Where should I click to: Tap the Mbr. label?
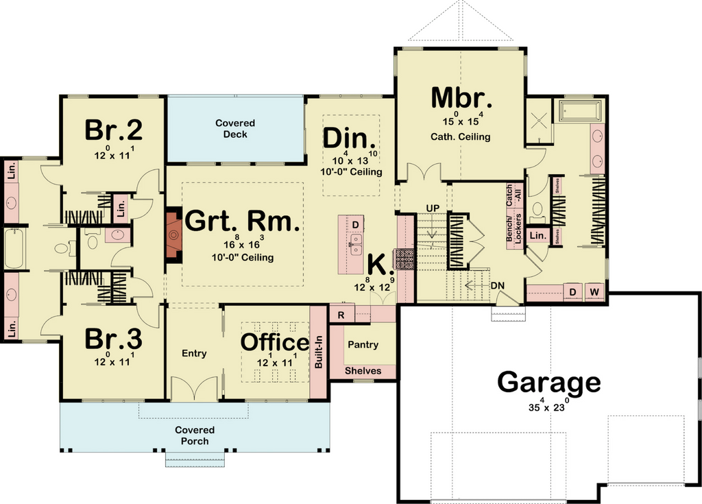(x=461, y=97)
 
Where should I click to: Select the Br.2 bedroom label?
(x=114, y=130)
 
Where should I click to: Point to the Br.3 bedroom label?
(x=114, y=339)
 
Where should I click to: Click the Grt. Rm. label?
(x=242, y=221)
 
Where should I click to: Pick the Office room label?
(x=275, y=342)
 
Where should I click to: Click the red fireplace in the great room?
(x=173, y=235)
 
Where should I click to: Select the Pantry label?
(x=363, y=344)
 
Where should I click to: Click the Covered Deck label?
(x=235, y=129)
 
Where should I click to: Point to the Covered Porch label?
(x=195, y=435)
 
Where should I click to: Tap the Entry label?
(x=194, y=353)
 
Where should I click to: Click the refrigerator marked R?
(x=341, y=315)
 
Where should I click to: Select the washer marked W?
(x=594, y=292)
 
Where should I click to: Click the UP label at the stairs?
(x=433, y=208)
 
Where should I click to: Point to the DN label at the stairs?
(x=498, y=285)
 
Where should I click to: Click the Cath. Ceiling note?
(x=460, y=136)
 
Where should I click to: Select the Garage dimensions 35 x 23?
(x=549, y=405)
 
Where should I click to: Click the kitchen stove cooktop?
(x=405, y=259)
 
